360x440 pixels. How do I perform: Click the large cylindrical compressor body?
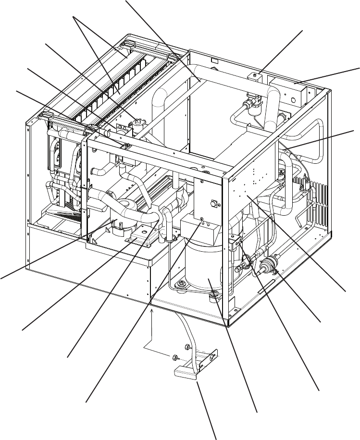tap(204, 269)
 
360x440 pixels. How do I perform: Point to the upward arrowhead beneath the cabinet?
tap(152, 312)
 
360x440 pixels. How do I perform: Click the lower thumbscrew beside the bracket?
tap(175, 357)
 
